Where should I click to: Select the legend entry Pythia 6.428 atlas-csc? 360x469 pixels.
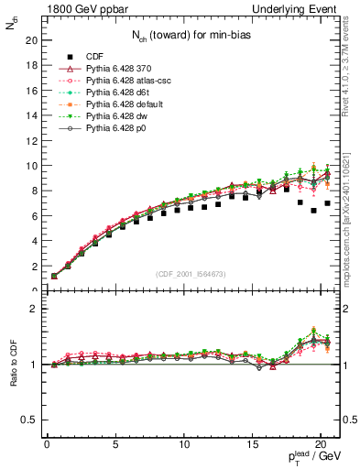(115, 81)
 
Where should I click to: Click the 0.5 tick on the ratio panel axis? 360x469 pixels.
(27, 420)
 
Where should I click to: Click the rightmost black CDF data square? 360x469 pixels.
(327, 203)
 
